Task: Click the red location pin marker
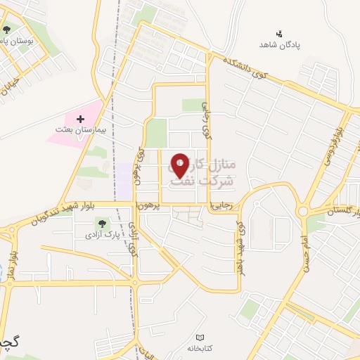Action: point(181,165)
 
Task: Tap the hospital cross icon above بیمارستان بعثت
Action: point(79,120)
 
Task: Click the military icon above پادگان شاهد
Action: point(279,32)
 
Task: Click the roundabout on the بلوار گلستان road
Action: point(304,210)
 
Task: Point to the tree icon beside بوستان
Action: point(6,29)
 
